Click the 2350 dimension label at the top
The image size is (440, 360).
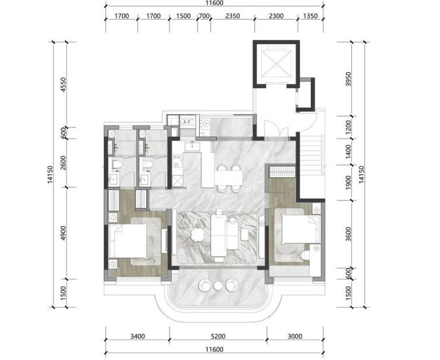tap(232, 16)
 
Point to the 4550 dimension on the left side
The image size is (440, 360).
tap(64, 85)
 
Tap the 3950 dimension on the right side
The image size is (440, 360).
tap(348, 79)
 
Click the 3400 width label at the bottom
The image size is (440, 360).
tap(137, 336)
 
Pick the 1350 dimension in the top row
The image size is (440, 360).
tap(310, 16)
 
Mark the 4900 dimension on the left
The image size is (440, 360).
tap(64, 233)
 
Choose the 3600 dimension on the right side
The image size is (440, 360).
tap(348, 234)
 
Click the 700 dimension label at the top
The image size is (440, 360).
tap(204, 16)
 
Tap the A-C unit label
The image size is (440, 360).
tap(187, 122)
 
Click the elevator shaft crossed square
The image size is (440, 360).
tap(276, 64)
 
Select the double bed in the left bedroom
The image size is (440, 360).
tap(128, 241)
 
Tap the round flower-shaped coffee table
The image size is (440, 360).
tap(198, 234)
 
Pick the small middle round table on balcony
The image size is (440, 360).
tap(218, 286)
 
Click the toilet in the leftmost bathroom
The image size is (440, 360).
tap(116, 165)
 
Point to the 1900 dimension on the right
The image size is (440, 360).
tap(348, 183)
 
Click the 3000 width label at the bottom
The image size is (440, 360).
tap(295, 336)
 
